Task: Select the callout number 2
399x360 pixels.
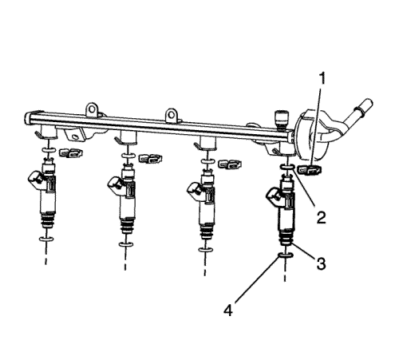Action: [x=322, y=217]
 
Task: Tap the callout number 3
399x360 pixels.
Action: [x=321, y=263]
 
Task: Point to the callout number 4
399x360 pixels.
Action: [x=228, y=310]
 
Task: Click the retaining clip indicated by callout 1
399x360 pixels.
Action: [x=310, y=170]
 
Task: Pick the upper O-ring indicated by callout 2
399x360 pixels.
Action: [x=287, y=167]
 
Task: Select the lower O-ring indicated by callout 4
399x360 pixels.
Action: [x=286, y=255]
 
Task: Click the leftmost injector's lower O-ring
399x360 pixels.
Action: [x=47, y=239]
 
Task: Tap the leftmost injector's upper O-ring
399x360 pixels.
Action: [x=49, y=151]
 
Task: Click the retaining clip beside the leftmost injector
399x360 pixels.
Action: [x=71, y=153]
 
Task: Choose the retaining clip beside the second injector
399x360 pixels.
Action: [x=150, y=158]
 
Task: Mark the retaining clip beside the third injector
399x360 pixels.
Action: [x=230, y=164]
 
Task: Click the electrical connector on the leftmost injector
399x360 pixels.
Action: [x=37, y=180]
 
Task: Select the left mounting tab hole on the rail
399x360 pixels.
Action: [x=92, y=109]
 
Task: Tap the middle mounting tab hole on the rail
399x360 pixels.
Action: [x=172, y=115]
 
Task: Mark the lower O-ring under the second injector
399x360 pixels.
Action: [x=126, y=244]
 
